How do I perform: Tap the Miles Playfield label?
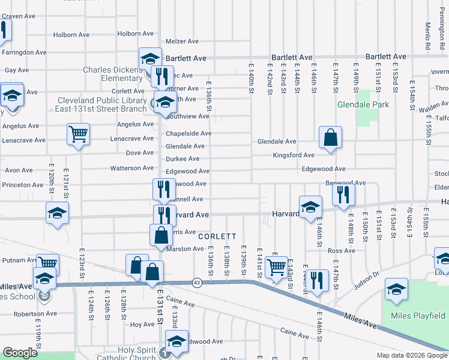419,316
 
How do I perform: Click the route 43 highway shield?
197,282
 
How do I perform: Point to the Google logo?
20,353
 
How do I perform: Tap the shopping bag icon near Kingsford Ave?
330,138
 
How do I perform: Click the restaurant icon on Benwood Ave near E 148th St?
343,194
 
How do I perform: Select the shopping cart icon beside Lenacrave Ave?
78,135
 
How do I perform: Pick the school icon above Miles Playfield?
396,289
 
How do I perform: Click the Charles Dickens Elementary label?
113,74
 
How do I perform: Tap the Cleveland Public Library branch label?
101,104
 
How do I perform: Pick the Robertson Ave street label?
35,313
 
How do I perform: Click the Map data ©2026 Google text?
411,355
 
